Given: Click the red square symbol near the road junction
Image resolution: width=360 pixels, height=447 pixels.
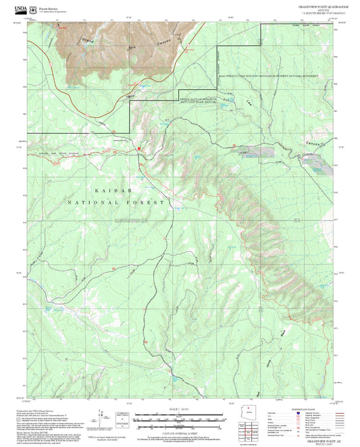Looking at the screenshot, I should coord(138,147).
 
